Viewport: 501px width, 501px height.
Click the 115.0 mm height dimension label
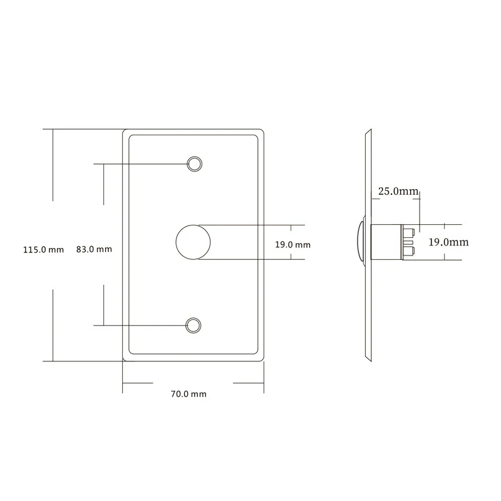(x=43, y=249)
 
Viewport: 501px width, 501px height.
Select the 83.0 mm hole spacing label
(x=94, y=249)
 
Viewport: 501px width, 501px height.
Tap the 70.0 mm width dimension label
(x=189, y=395)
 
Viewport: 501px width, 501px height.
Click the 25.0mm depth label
(x=397, y=192)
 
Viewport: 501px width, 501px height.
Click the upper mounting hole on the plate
(x=195, y=164)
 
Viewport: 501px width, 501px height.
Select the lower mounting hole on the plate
(x=194, y=325)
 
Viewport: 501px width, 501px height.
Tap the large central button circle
(x=194, y=242)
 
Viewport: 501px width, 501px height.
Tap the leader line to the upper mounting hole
(x=141, y=164)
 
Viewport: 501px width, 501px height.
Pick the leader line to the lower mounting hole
(x=141, y=325)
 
